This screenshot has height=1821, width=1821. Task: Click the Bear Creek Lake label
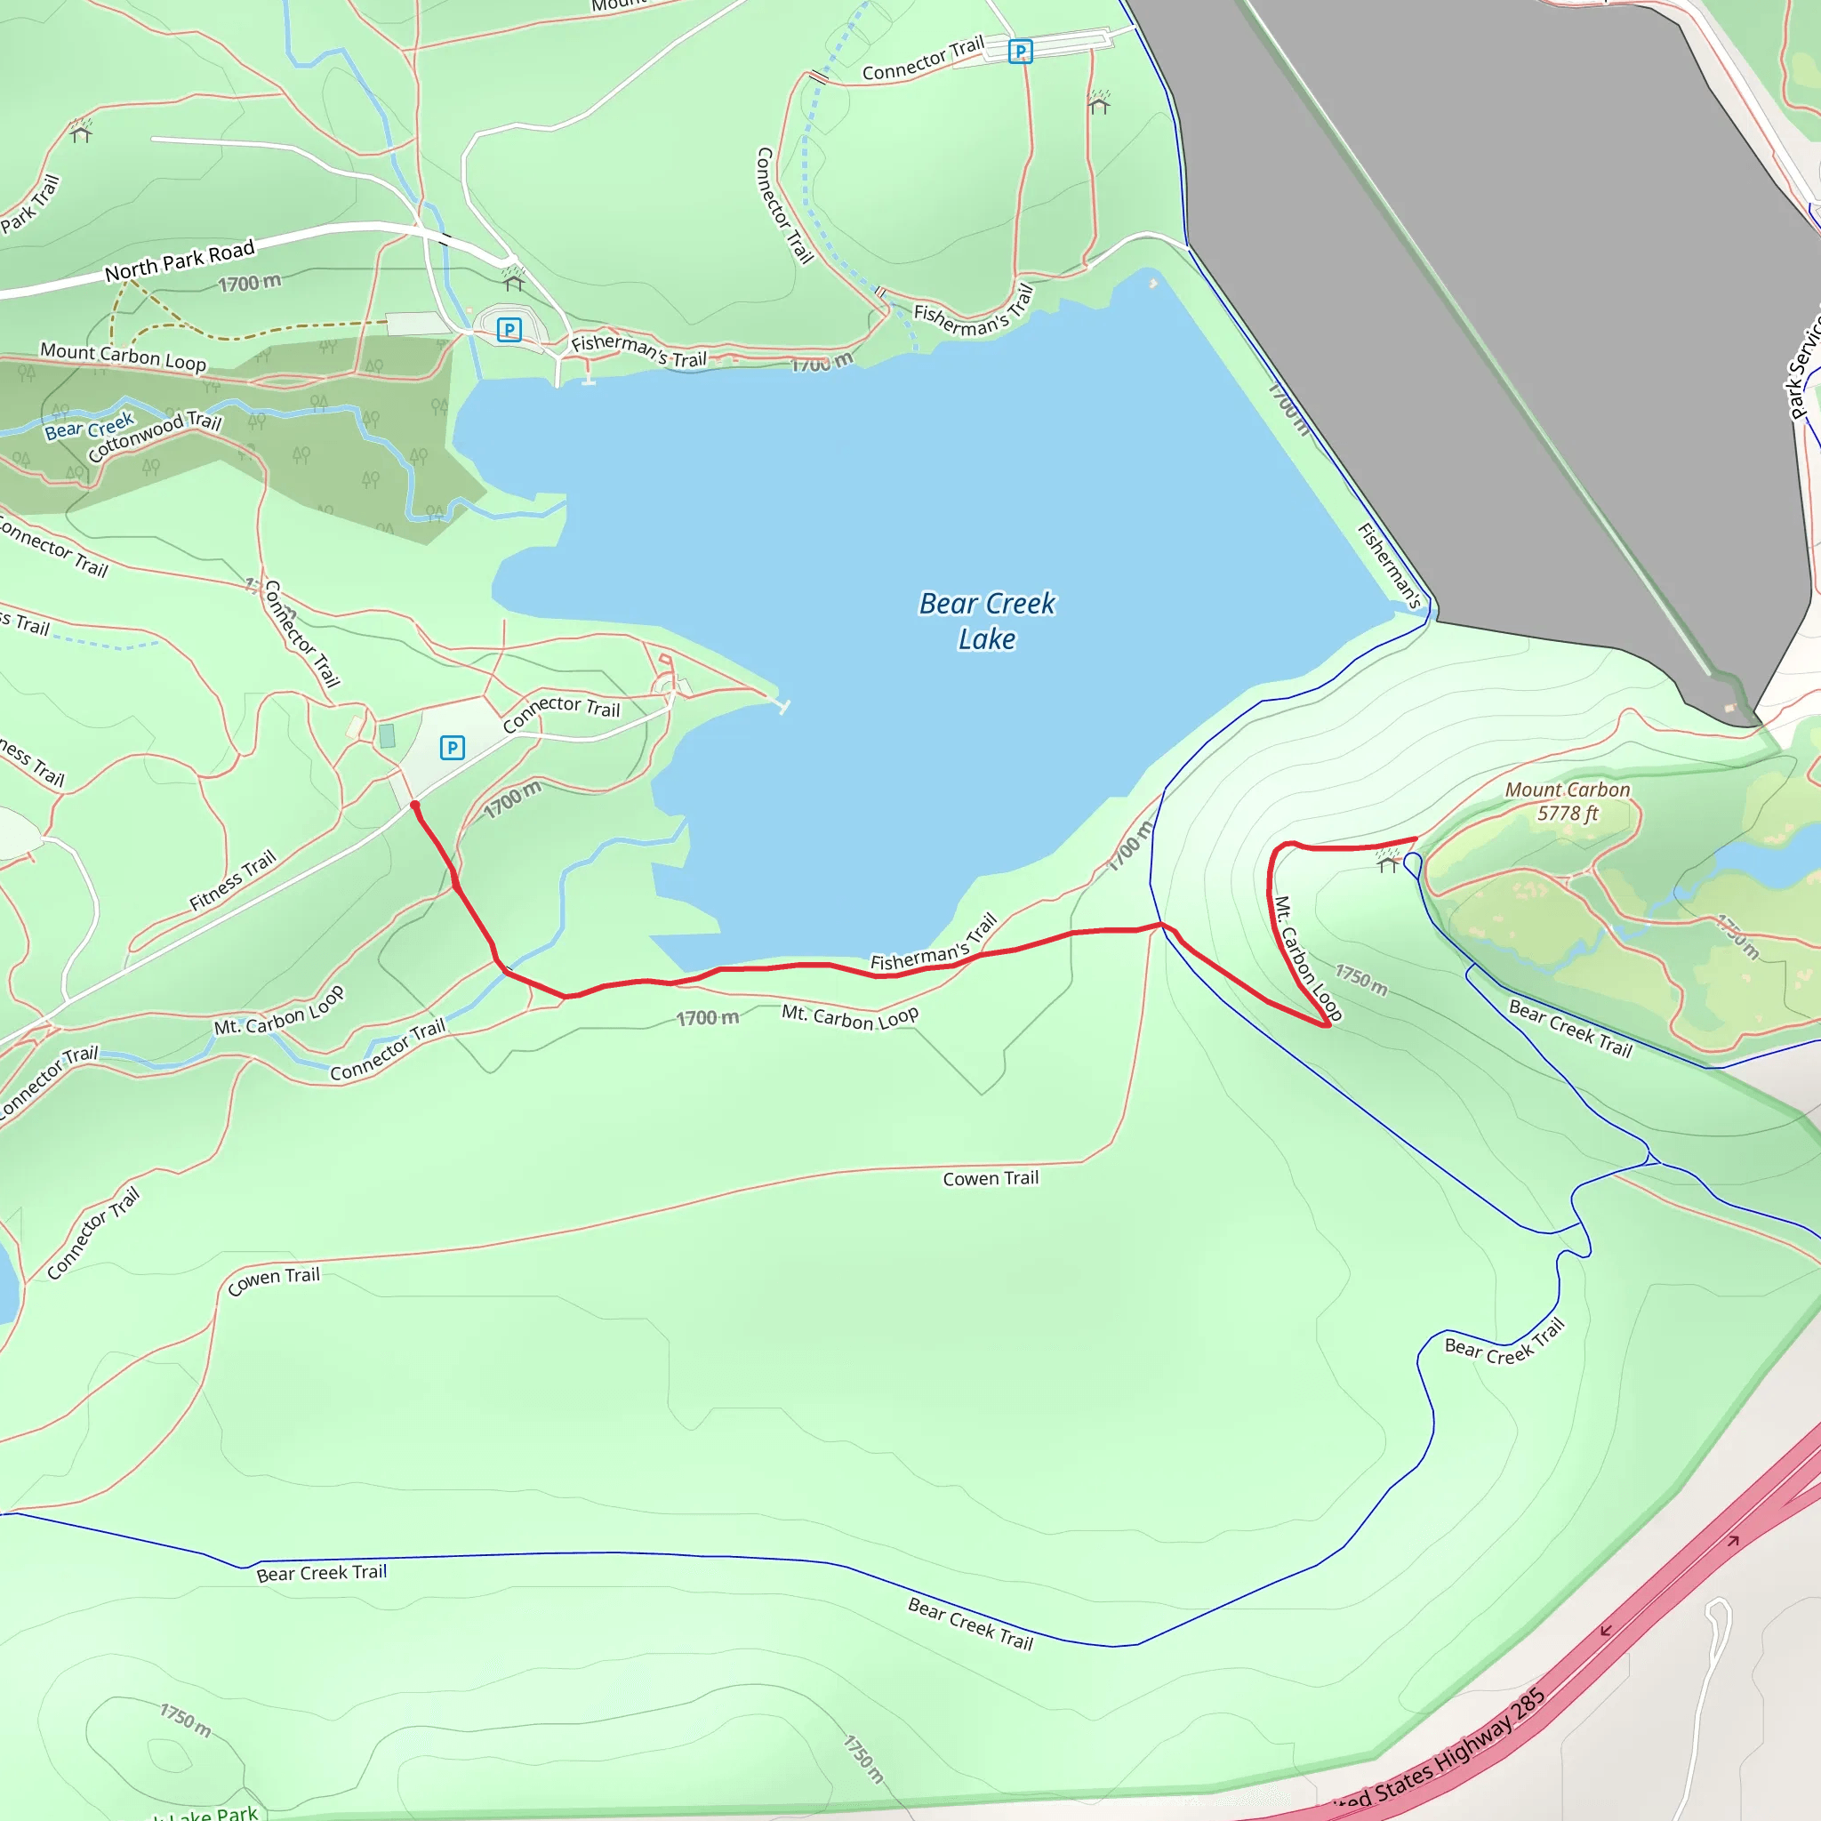(987, 621)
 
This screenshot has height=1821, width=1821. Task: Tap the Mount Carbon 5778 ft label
(1567, 801)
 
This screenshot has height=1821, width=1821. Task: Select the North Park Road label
(179, 261)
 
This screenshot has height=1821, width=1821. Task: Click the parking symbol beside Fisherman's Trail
(509, 330)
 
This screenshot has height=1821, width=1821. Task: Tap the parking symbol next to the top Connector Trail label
(1020, 51)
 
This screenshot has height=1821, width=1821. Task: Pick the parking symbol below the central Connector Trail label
(453, 748)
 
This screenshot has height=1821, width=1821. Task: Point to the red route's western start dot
(414, 805)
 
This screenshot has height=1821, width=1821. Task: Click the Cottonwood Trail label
(155, 436)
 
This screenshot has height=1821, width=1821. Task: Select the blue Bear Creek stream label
(89, 426)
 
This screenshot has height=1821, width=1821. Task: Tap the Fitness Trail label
(232, 880)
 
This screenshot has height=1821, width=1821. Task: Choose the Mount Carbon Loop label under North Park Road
(123, 357)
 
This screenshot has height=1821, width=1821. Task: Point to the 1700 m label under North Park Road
(249, 283)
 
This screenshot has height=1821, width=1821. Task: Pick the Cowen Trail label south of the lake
(991, 1178)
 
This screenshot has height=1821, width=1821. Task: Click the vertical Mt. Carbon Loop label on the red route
(1307, 958)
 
